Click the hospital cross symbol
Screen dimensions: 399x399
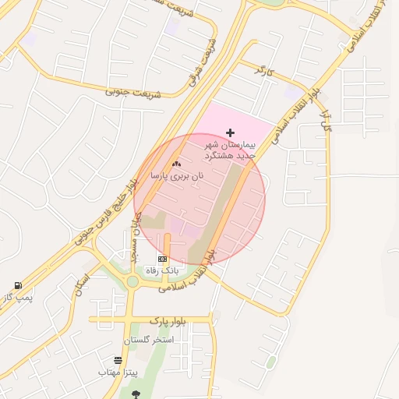click(x=229, y=132)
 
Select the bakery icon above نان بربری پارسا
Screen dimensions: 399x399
click(x=175, y=164)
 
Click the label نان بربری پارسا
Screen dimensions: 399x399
click(x=177, y=176)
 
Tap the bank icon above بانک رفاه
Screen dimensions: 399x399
click(x=162, y=259)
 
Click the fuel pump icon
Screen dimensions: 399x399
click(x=18, y=285)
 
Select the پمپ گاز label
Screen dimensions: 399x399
click(x=17, y=297)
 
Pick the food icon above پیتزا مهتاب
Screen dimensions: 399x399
click(x=118, y=360)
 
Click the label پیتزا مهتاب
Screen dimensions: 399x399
click(x=118, y=373)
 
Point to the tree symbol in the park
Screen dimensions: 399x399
click(x=136, y=394)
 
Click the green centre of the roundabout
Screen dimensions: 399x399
click(x=132, y=281)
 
